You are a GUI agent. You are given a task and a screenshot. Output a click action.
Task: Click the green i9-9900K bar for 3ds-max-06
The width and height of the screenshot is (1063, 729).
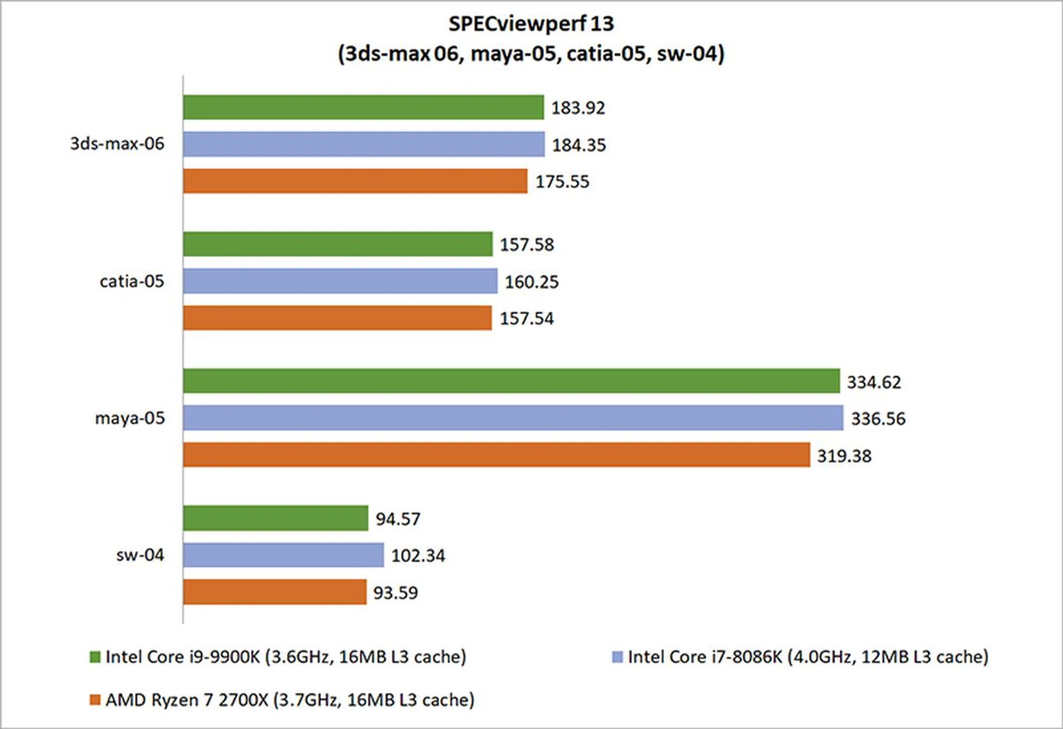[x=363, y=107]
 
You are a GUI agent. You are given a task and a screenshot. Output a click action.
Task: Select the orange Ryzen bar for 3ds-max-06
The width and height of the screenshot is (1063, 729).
[x=355, y=181]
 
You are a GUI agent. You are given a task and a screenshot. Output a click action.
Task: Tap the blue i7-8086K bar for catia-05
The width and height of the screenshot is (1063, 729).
[x=340, y=281]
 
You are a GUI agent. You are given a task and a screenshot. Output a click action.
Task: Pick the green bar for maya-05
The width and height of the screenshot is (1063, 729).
[x=511, y=381]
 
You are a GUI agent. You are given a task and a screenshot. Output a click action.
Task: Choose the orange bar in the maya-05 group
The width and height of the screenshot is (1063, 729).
[x=496, y=454]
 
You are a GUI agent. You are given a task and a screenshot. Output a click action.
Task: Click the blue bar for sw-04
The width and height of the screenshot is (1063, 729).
[x=283, y=555]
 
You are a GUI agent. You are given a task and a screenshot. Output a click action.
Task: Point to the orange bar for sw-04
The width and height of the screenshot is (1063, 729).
[x=275, y=592]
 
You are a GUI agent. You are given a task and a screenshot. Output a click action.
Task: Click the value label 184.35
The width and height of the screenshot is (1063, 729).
[x=579, y=145]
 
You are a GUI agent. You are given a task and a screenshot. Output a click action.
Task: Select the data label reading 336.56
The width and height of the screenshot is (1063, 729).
[x=878, y=419]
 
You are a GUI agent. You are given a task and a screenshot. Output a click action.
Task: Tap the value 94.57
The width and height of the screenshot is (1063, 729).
[x=398, y=519]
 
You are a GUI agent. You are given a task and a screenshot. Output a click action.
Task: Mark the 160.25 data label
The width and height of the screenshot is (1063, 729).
[x=531, y=282]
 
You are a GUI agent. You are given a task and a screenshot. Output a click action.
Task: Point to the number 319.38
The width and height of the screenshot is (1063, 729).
[x=844, y=456]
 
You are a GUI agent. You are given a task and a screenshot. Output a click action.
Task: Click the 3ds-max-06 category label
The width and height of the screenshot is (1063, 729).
[x=117, y=144]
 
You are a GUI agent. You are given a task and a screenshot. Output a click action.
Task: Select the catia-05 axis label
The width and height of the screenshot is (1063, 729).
[x=132, y=281]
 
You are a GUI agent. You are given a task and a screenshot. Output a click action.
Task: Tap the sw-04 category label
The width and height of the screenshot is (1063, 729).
[x=140, y=555]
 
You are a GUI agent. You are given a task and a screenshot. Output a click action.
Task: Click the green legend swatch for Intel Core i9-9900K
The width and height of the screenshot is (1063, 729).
[x=95, y=657]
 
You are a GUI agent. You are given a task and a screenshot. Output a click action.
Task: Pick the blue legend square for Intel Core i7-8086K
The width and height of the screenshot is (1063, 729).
[x=617, y=657]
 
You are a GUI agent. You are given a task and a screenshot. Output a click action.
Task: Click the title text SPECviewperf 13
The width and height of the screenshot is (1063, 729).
[x=531, y=24]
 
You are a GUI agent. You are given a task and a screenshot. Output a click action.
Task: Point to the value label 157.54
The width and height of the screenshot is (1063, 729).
[x=527, y=319]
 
